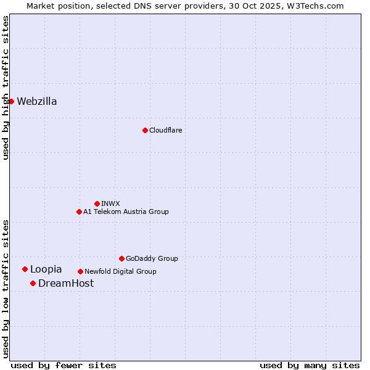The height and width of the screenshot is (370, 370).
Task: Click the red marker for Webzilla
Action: point(11,101)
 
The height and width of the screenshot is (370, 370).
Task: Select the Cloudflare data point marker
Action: point(145,130)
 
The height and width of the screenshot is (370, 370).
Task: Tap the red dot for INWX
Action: point(97,203)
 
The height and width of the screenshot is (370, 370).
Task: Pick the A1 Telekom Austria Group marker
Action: point(79,212)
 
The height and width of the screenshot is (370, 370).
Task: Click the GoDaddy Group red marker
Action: point(121,258)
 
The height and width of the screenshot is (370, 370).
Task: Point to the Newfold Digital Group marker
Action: point(80,271)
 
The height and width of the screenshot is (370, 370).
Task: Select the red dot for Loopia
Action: point(25,269)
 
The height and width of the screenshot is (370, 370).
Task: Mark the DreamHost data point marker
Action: point(33,283)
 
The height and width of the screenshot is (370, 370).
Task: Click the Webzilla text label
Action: point(37,102)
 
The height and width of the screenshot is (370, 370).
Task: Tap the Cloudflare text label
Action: point(165,130)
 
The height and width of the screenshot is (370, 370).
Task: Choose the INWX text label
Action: point(110,203)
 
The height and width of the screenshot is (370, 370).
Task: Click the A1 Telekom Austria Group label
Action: point(126,212)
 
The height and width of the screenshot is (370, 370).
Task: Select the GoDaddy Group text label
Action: point(152,258)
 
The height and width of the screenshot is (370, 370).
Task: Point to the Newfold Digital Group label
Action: point(120,271)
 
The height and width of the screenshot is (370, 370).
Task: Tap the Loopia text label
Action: point(46,269)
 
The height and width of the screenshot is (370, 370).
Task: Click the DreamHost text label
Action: point(66,284)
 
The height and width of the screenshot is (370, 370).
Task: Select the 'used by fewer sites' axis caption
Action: point(64,365)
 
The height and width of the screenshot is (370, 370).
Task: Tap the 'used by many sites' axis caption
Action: point(310,365)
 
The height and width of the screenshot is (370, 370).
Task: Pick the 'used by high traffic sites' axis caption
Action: point(6,88)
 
